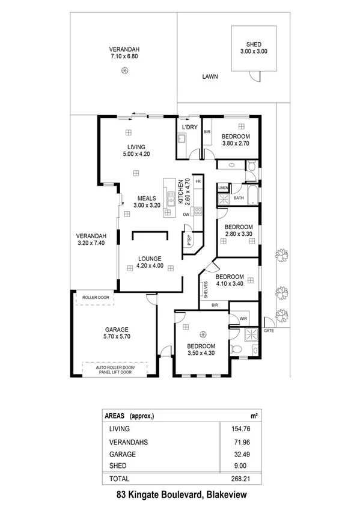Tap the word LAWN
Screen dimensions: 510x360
click(x=210, y=77)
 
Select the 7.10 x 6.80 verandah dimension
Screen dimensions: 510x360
click(x=124, y=56)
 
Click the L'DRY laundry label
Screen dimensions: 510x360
click(x=190, y=127)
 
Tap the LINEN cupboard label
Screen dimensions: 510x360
click(x=223, y=188)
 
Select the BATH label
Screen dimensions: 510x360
click(x=239, y=198)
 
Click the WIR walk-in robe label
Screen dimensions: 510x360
click(x=244, y=318)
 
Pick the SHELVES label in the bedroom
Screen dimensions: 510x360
click(x=206, y=290)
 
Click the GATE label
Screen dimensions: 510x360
click(x=268, y=331)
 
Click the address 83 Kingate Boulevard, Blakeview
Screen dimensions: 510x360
click(x=180, y=496)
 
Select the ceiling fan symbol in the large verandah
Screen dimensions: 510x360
click(x=124, y=71)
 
